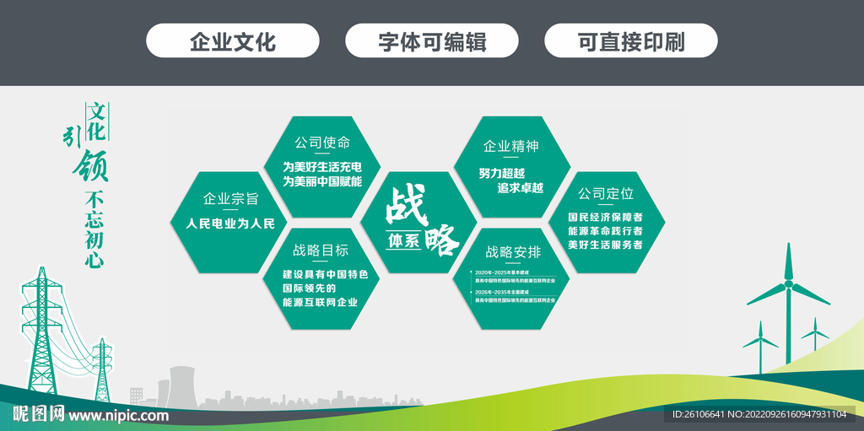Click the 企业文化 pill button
coord(233,41)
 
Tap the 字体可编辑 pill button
coord(432,41)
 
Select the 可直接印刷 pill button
coord(631,41)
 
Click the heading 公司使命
coord(322,143)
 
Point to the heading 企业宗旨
coord(230,199)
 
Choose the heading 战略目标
coord(321,251)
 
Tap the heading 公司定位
coord(606,193)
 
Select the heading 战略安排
coord(513,251)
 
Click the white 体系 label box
coord(404,240)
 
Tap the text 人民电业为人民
coord(230,224)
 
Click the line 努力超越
coord(502,172)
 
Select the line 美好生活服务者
coord(605,245)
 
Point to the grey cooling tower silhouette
coord(181,384)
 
